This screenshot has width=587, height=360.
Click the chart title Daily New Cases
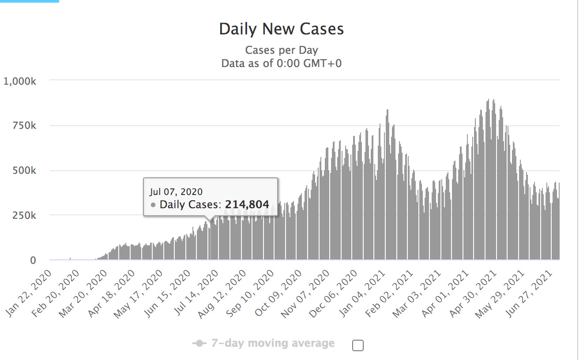(281, 29)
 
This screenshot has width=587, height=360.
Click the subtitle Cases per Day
(281, 50)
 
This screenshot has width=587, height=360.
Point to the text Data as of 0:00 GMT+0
(281, 63)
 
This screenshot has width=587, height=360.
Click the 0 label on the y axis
(32, 260)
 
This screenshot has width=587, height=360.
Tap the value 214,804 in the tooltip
(247, 205)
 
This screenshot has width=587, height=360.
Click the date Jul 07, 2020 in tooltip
(176, 192)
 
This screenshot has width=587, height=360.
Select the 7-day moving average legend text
(273, 343)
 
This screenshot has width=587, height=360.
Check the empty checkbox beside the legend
(358, 345)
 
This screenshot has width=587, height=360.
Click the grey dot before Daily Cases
(153, 205)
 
